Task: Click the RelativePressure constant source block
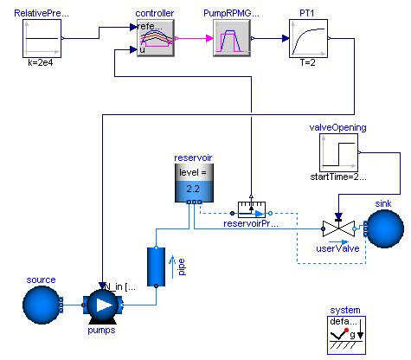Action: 43,40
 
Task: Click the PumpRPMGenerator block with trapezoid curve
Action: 232,41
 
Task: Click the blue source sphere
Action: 41,305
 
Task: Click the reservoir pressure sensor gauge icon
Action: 252,209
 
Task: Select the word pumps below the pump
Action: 102,330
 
